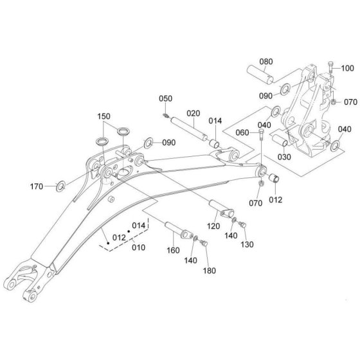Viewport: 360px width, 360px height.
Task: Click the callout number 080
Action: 266,62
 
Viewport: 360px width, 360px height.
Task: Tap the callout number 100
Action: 347,68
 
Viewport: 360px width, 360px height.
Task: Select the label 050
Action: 166,98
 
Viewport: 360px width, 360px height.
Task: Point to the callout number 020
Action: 193,113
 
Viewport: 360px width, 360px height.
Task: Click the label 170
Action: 37,186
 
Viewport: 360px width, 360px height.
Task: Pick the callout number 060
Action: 242,132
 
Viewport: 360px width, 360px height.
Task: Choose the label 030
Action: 284,157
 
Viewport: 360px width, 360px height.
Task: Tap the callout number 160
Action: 173,250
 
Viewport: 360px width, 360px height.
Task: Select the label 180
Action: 210,271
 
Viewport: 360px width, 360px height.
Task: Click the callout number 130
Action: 247,244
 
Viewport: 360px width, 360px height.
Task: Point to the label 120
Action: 213,226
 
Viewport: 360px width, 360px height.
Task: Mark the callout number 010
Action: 138,248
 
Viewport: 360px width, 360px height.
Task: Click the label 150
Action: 104,116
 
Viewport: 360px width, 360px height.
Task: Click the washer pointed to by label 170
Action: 61,186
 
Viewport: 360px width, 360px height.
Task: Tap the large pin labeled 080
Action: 260,75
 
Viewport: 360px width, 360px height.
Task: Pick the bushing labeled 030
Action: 280,140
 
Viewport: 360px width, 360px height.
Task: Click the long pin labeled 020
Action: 188,129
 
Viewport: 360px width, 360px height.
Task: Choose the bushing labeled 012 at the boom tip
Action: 274,177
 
